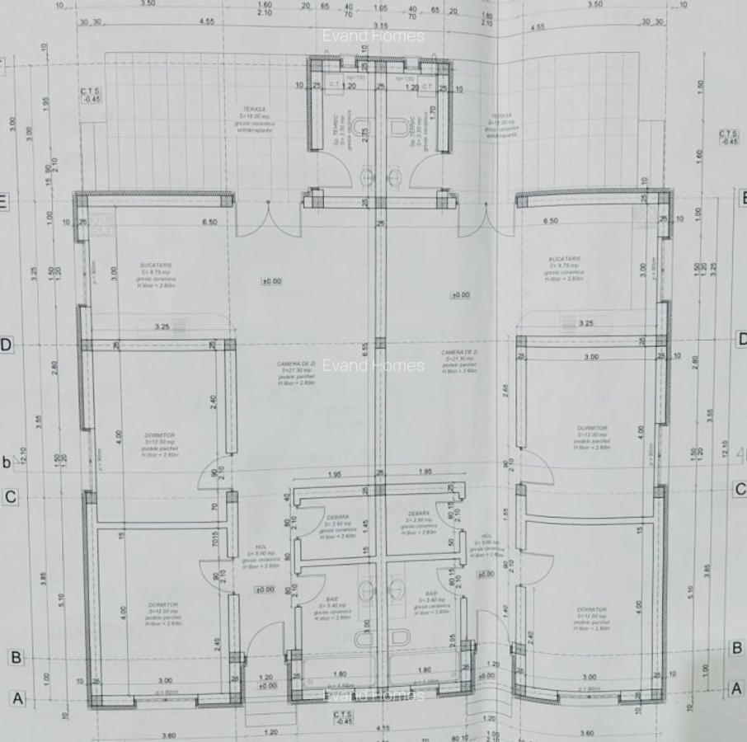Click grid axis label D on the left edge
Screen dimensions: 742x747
[6, 345]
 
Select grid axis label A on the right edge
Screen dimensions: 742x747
[737, 688]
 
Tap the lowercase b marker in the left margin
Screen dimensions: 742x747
[7, 462]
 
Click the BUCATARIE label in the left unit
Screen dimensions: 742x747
[156, 265]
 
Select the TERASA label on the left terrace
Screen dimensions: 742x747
[253, 108]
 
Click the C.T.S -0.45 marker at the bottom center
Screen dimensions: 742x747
[344, 717]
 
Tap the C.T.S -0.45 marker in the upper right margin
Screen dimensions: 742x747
[728, 137]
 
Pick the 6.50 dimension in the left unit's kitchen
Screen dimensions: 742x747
[209, 222]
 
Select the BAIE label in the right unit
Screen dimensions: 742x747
[430, 593]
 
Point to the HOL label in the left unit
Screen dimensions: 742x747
[261, 547]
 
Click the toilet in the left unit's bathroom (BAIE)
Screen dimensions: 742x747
[365, 637]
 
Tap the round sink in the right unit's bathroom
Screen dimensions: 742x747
[400, 588]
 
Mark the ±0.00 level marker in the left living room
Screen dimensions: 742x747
[271, 281]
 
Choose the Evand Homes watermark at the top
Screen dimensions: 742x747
[373, 35]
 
